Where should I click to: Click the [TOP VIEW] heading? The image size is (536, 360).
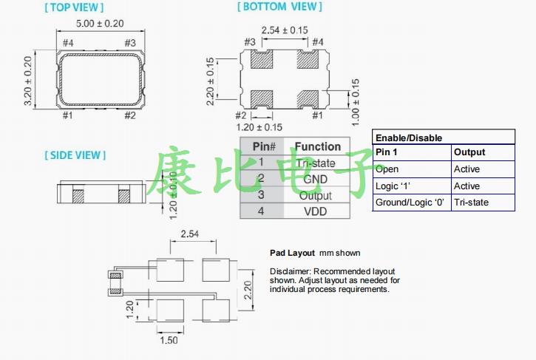coord(74,7)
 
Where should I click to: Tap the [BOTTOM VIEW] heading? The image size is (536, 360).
coord(279,7)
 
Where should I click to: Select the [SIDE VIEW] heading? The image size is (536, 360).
coord(75,155)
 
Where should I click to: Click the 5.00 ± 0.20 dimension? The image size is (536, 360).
coord(100,24)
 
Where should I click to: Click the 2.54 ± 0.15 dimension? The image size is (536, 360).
coord(285,30)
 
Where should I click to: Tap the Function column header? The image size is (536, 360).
coord(317,146)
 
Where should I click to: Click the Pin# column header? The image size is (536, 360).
coord(264,146)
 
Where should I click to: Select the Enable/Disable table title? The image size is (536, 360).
coord(408,137)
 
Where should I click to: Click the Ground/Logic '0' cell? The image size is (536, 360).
coord(411,203)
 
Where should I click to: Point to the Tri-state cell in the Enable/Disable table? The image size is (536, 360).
coord(471,203)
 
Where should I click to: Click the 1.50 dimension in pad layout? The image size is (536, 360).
coord(169,340)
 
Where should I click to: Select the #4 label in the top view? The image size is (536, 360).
coord(67,43)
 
